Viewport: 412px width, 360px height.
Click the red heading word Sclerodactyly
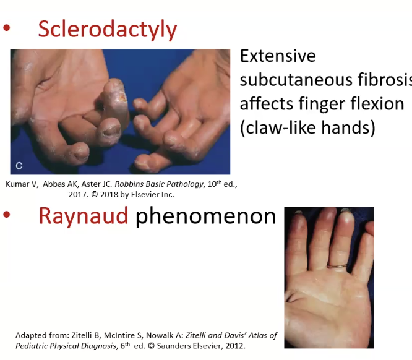pos(108,30)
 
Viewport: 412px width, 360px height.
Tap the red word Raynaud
pos(84,216)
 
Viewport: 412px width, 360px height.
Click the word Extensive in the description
pos(278,56)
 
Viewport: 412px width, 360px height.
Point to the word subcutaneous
pos(296,80)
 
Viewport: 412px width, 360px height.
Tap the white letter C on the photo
pos(19,166)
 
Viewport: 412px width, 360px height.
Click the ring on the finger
pos(337,267)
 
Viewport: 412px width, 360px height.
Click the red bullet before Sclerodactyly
pos(7,28)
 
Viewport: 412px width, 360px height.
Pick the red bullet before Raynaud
pos(7,215)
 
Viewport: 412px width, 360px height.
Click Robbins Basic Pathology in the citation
pos(159,184)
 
